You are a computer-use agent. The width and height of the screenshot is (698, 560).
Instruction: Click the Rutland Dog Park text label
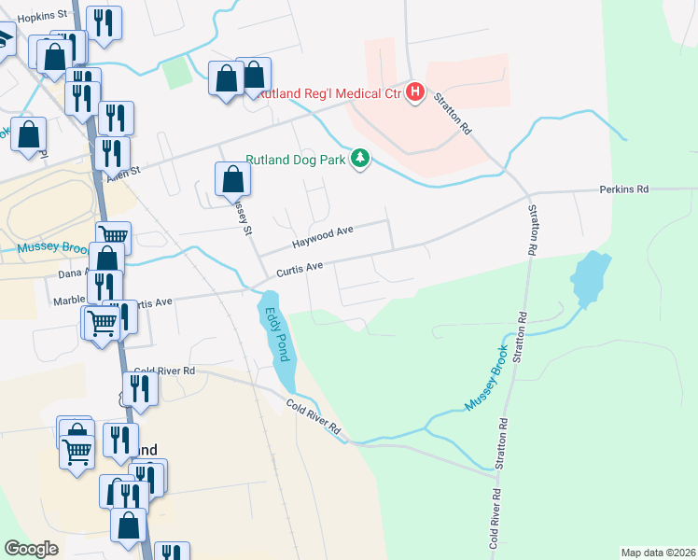click(x=296, y=160)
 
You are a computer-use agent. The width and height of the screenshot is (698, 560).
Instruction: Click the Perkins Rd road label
click(x=622, y=189)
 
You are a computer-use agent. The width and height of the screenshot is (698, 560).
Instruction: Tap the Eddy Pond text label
click(x=276, y=334)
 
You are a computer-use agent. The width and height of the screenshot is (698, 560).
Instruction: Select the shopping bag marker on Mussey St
click(x=232, y=178)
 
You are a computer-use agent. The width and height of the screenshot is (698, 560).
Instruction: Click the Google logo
click(x=33, y=549)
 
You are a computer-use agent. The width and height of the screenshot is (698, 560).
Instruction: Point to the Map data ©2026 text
click(x=657, y=553)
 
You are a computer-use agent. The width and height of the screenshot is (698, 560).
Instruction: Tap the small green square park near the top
click(x=174, y=73)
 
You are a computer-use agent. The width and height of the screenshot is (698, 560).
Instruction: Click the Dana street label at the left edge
click(x=71, y=273)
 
